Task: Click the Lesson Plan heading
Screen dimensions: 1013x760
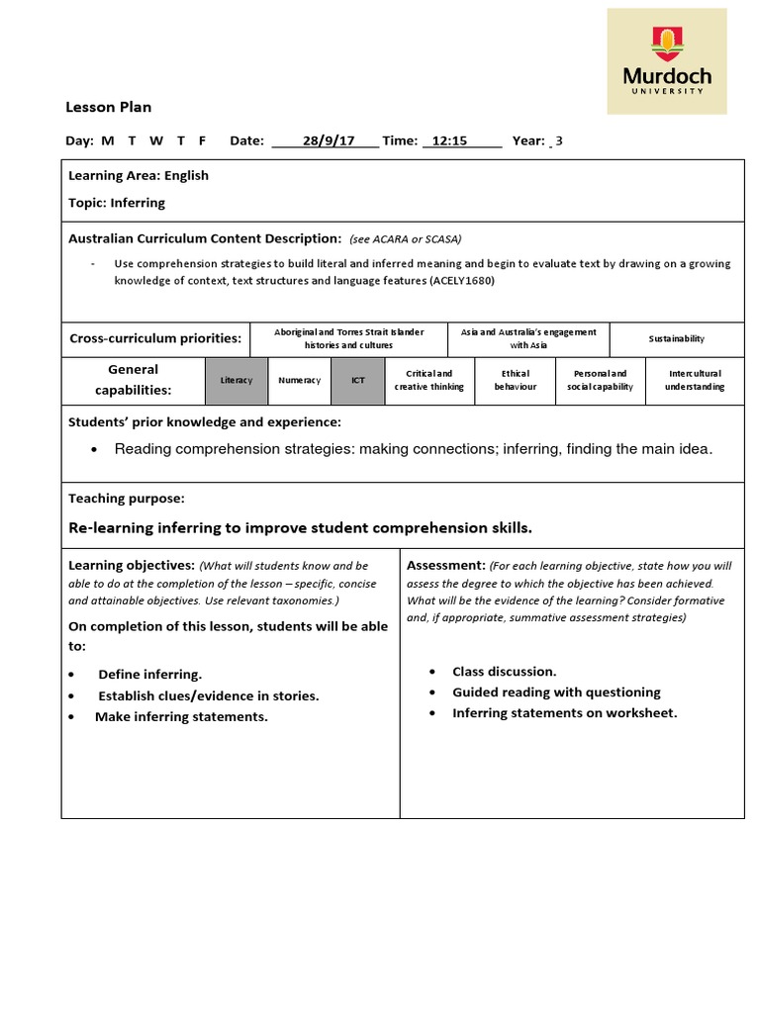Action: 108,107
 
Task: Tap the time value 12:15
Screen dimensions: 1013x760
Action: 449,140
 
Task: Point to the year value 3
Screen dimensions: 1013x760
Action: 559,140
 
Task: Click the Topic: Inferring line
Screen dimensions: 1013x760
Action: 117,203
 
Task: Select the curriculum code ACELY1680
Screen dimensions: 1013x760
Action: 461,281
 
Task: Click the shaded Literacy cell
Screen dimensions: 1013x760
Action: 237,381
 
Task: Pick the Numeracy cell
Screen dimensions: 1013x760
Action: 299,381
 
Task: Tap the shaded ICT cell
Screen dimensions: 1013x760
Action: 358,381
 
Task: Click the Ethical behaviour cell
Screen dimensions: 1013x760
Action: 516,381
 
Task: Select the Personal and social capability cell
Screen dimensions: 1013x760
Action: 600,381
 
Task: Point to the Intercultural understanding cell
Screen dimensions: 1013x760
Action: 694,381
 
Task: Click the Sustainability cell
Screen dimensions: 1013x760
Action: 677,339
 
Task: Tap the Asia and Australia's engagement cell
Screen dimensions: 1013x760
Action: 528,339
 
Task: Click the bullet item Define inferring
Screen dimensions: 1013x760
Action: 149,675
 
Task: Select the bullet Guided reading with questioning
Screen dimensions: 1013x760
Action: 556,692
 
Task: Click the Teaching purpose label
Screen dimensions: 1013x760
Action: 127,499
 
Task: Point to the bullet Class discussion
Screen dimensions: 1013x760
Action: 505,672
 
